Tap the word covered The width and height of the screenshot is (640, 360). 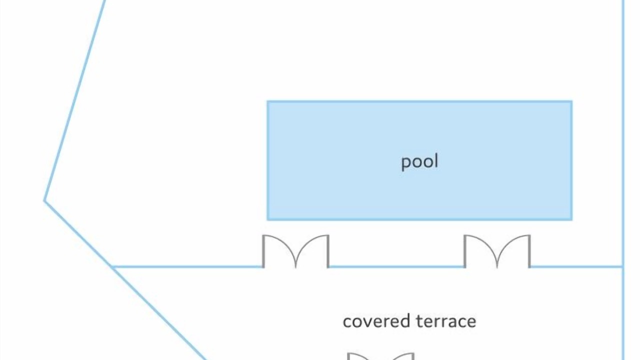pos(376,321)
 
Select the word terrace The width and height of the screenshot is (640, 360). pos(446,321)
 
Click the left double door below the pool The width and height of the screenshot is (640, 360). pos(295,251)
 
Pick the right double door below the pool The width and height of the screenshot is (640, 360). pos(497,251)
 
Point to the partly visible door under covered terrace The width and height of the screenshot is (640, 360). pos(380,356)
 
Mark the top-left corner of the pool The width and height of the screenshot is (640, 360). pos(267,101)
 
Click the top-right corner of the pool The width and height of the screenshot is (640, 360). pos(572,101)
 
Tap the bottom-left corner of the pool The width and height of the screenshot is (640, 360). pos(267,220)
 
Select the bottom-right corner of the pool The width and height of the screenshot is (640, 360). pos(572,220)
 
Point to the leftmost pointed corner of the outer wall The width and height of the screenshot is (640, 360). pos(44,201)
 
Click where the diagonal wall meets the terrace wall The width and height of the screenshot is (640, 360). pos(113,267)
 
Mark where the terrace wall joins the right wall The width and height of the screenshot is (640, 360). pos(623,267)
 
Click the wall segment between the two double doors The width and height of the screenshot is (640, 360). pos(396,267)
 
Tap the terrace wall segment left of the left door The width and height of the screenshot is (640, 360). pos(187,267)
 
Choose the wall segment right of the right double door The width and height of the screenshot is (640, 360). pos(576,267)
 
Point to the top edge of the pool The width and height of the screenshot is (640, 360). pos(419,101)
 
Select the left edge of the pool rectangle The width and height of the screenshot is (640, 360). pos(267,160)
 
